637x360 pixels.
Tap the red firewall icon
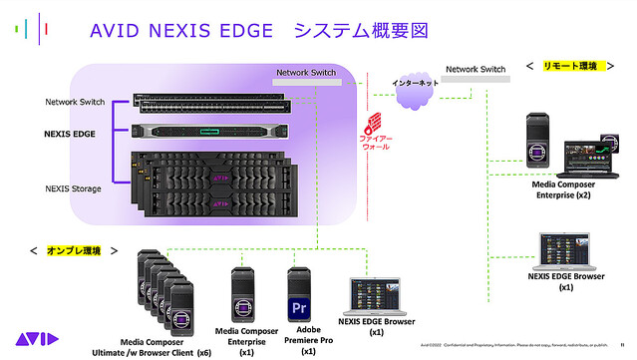pos(373,125)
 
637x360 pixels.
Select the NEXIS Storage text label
pos(74,187)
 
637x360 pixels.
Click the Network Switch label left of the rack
pos(75,102)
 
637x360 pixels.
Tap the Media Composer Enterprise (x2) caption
pos(563,189)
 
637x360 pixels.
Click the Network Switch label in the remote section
pos(476,69)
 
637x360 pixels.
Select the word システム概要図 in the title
pos(361,31)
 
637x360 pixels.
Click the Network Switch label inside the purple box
pos(306,73)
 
